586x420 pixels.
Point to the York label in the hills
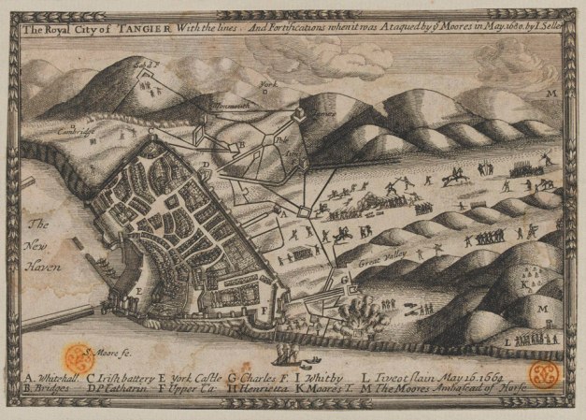point(268,84)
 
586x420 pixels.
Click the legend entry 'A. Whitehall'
point(49,371)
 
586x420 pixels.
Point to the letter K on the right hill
point(526,281)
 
